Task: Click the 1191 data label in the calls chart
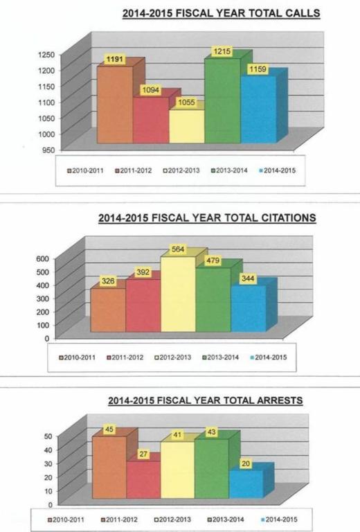(114, 60)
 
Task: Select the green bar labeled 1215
(222, 100)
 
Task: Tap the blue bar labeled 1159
(258, 109)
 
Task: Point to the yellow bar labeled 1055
(187, 126)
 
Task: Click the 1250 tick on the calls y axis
(46, 54)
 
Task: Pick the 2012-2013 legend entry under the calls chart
(181, 170)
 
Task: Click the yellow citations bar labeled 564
(178, 294)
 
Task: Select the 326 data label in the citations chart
(108, 281)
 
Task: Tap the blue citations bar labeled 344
(249, 308)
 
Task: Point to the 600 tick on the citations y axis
(43, 258)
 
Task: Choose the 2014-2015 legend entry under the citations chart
(268, 357)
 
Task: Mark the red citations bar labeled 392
(143, 305)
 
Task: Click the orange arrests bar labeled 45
(109, 467)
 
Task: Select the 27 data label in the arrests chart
(143, 454)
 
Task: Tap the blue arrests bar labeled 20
(246, 484)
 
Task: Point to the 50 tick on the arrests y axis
(48, 436)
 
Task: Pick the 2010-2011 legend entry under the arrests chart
(66, 520)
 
